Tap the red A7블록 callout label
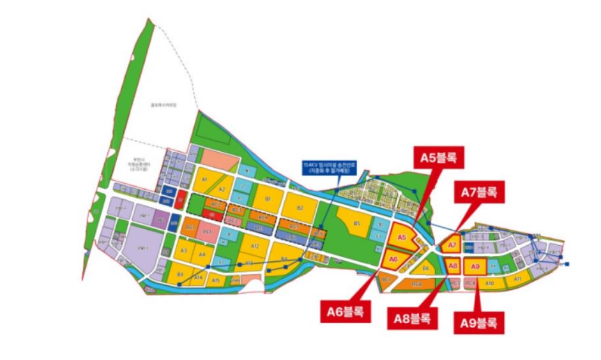coord(478,191)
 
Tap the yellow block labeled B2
coord(300,207)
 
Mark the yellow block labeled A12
coord(254,246)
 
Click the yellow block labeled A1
coord(206,180)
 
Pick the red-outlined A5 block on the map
coord(402,237)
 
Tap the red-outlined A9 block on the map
coord(475,266)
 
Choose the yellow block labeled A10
coord(491,282)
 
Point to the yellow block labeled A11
coord(517,279)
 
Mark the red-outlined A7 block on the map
coord(452,244)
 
